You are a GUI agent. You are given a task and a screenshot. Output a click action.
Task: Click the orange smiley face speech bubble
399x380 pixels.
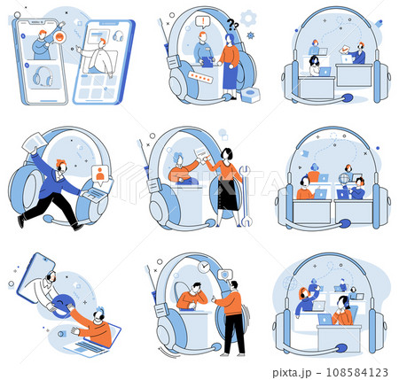tap(60, 37)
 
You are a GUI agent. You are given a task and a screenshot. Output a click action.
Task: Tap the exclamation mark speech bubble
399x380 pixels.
tap(202, 22)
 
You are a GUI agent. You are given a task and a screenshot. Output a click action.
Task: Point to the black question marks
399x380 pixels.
tap(232, 25)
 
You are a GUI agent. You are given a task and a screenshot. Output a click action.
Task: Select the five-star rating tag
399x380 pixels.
tap(200, 77)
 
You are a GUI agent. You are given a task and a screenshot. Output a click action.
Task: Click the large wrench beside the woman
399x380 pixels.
tap(246, 197)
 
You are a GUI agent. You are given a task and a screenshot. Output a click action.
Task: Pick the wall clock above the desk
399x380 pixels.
tap(204, 267)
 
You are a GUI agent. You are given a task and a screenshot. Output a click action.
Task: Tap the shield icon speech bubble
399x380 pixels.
tap(225, 275)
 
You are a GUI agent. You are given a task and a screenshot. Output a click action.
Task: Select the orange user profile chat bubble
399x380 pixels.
tap(100, 174)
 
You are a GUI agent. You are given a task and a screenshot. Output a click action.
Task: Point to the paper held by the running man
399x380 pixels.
tap(34, 142)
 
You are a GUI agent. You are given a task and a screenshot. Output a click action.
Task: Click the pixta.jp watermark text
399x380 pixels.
tap(292, 372)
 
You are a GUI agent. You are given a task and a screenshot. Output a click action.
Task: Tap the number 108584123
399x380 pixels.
tap(357, 372)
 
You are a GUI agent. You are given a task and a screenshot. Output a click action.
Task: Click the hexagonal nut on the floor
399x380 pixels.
tap(250, 96)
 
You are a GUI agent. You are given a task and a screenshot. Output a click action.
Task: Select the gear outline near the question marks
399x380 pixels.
tap(248, 19)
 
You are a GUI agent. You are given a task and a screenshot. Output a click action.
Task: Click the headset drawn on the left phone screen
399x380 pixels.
tap(43, 76)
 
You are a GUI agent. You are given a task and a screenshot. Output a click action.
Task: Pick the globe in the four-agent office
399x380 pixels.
tap(343, 179)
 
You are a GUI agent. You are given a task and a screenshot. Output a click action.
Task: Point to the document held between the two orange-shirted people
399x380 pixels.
tap(201, 154)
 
